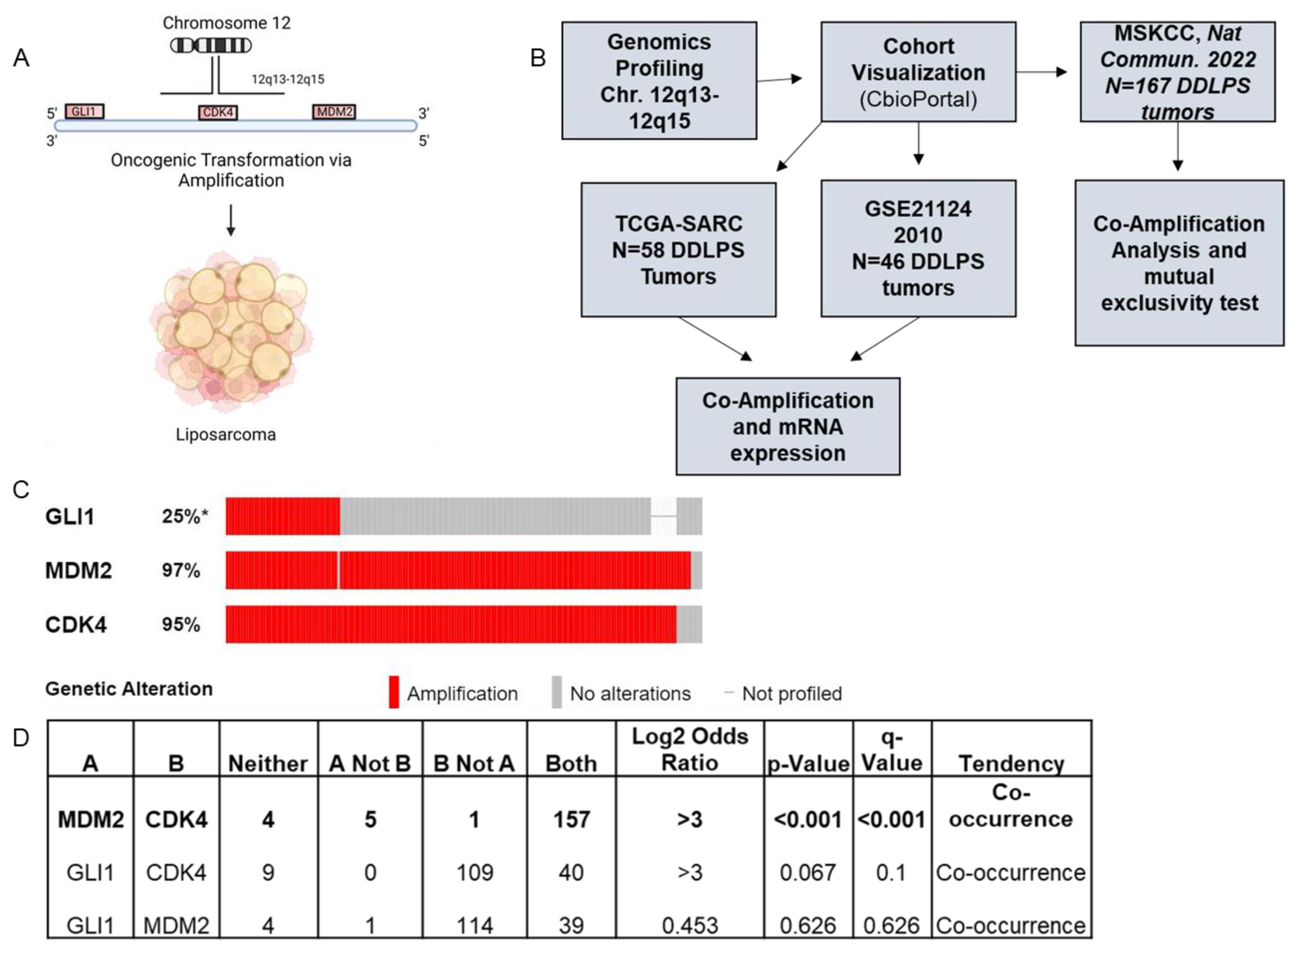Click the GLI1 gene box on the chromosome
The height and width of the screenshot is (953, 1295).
click(x=84, y=111)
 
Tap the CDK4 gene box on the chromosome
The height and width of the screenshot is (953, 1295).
click(x=217, y=112)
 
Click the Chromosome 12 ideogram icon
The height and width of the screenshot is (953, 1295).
click(x=211, y=45)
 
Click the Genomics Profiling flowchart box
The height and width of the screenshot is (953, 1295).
click(x=659, y=81)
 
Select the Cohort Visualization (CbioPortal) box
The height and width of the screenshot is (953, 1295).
click(x=918, y=72)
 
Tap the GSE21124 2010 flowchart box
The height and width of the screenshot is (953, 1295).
click(x=918, y=248)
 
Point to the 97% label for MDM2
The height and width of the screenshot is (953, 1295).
click(x=180, y=570)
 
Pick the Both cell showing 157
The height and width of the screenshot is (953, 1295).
click(x=571, y=819)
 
